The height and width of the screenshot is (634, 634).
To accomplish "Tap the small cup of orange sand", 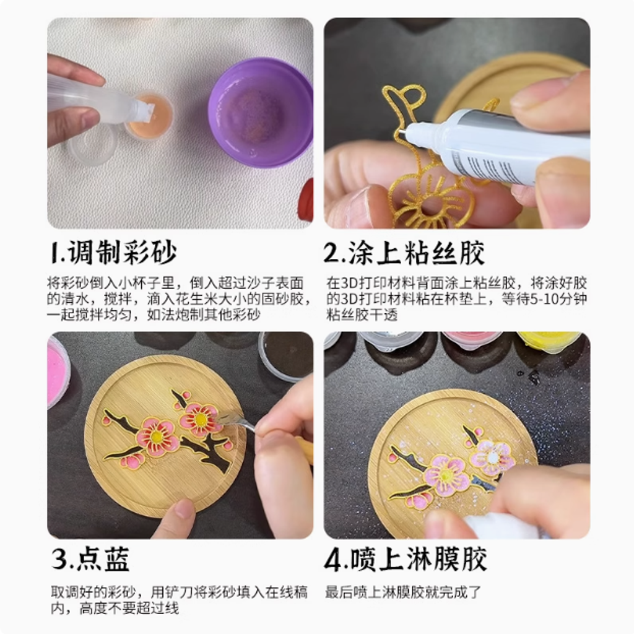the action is (150, 115).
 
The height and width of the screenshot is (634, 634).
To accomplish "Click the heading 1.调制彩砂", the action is (114, 253).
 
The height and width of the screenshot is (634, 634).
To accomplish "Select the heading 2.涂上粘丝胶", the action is (404, 253).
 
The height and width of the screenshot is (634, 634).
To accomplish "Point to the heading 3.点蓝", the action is (90, 559).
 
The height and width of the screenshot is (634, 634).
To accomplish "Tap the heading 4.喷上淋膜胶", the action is (405, 559).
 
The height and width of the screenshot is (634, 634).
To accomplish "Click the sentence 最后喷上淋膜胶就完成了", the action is (403, 593).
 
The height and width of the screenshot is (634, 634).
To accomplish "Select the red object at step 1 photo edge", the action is (307, 200).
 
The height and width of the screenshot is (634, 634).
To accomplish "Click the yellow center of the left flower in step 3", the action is (157, 436).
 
